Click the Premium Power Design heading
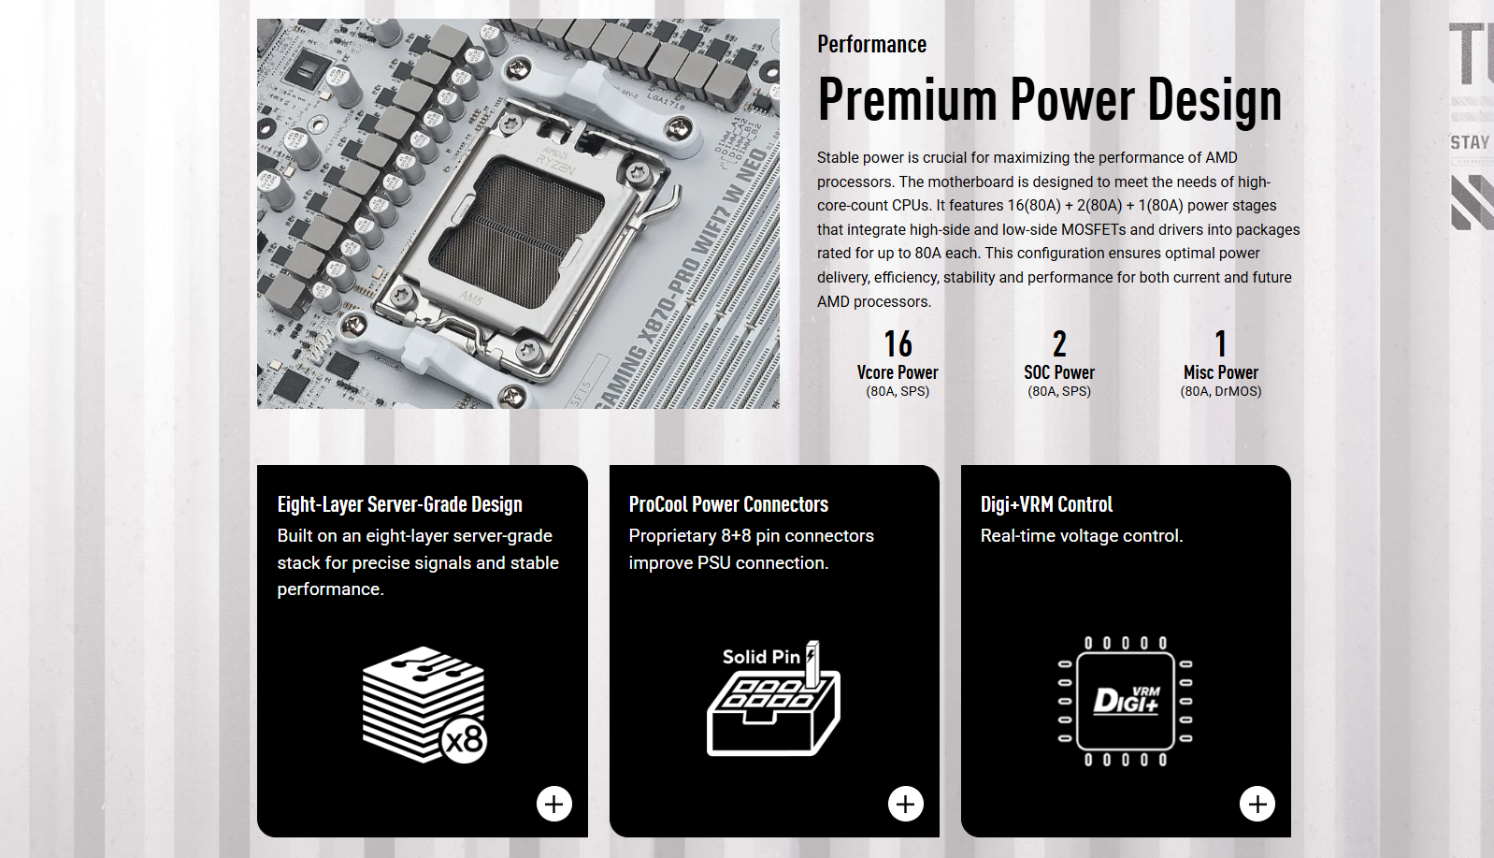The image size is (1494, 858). coord(1049,100)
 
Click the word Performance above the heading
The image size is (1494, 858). coord(871,44)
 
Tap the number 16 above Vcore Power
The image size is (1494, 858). coord(898,344)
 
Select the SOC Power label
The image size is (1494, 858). coord(1059,371)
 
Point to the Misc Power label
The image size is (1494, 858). coord(1221,371)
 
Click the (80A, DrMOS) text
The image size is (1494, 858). coord(1221,391)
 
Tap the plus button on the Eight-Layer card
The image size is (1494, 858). coord(554,803)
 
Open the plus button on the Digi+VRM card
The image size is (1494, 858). coord(1257,803)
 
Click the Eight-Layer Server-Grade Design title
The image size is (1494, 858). coord(399,504)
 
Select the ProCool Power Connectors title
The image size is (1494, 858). coord(728,504)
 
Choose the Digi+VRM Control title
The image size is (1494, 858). coord(1046,504)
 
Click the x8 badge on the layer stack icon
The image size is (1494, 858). coord(465,740)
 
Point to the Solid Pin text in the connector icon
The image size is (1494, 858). coord(761,657)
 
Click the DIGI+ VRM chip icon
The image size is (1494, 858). coord(1125,701)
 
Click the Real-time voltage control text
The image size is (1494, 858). coord(1081,535)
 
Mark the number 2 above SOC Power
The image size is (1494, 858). coord(1059,344)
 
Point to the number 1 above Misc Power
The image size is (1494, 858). coord(1221,344)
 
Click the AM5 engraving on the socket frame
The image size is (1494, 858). coord(470,298)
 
